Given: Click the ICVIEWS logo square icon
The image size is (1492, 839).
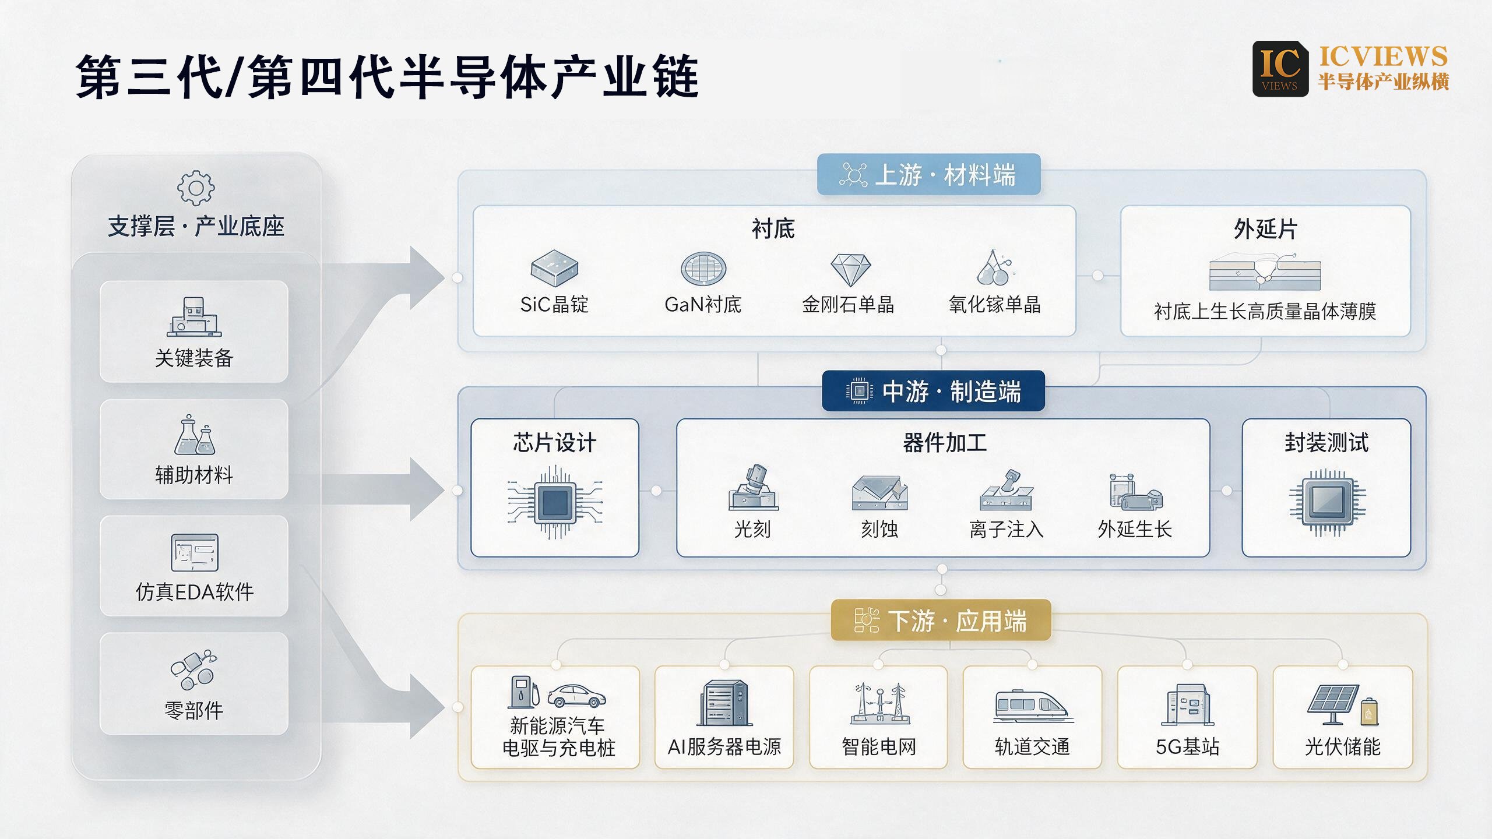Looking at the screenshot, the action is click(1280, 69).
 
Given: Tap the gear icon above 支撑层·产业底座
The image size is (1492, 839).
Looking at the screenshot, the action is click(196, 188).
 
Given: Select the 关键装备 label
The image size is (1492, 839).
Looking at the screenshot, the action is click(194, 358).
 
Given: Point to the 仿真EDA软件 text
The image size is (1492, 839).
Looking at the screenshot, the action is click(195, 592).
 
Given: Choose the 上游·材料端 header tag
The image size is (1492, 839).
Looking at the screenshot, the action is click(928, 174).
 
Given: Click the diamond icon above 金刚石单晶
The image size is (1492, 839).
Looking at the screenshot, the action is click(850, 270).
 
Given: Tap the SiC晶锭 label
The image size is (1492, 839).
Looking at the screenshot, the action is click(554, 305).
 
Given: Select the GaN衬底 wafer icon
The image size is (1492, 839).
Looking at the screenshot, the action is click(703, 269).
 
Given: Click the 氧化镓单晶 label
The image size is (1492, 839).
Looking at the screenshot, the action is click(995, 305).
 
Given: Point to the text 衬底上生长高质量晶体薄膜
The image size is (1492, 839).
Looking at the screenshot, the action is click(1265, 312).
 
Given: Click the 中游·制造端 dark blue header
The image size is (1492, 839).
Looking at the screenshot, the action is click(933, 391).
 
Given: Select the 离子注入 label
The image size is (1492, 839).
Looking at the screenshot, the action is click(1007, 530).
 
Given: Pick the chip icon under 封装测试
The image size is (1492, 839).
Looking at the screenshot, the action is click(1327, 503).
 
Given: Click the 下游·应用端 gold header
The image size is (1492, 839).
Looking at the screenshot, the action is click(941, 621).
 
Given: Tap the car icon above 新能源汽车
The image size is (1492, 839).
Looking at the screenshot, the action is click(576, 695).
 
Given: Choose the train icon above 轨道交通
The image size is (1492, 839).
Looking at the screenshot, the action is click(1032, 706).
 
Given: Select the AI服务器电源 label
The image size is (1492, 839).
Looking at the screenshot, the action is click(724, 747).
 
